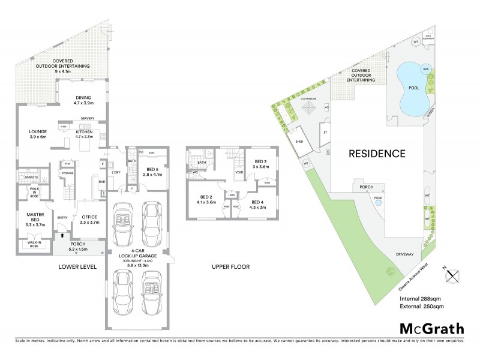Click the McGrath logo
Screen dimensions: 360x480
click(x=431, y=328)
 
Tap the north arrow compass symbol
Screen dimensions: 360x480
click(x=452, y=276)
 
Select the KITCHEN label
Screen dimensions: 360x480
click(x=85, y=134)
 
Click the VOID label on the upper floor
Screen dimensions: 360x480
click(x=238, y=173)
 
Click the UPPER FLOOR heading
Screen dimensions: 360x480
click(x=230, y=266)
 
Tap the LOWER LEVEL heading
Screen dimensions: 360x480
click(x=77, y=266)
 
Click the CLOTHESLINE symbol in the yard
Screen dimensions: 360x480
click(x=310, y=109)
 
